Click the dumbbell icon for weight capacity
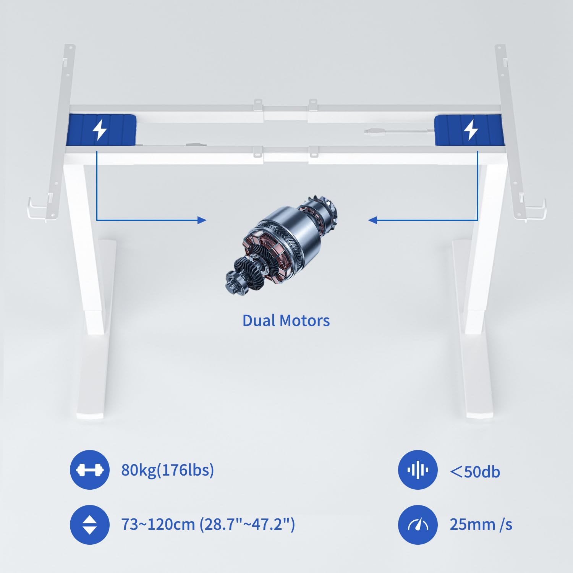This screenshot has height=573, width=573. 89,470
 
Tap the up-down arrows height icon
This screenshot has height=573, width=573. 89,524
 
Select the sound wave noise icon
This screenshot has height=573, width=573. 418,470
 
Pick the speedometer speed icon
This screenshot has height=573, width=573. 418,525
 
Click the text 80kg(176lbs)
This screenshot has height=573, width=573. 167,470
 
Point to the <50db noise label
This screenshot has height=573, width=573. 475,472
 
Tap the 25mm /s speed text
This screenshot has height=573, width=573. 481,524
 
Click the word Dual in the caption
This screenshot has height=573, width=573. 258,320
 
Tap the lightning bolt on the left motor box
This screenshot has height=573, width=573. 100,130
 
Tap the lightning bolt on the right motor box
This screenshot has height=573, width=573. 471,130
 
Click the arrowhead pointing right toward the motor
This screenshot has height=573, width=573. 202,220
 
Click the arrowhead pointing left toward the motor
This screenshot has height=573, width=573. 372,220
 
